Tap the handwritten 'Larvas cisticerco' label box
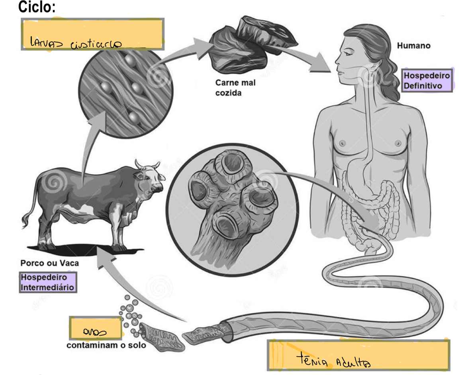[x=92, y=34]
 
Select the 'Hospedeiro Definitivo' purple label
[x=427, y=81]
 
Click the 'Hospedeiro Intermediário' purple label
[x=48, y=282]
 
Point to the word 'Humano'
[x=413, y=46]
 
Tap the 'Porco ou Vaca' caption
[x=50, y=263]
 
